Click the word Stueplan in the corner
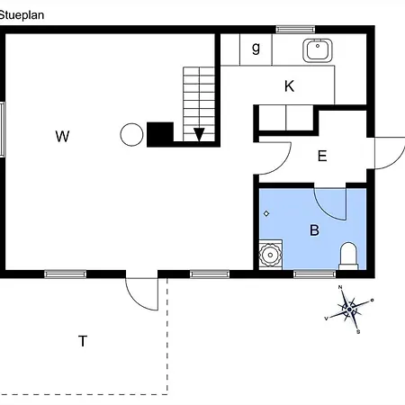(22, 15)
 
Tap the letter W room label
(62, 136)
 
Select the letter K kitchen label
(289, 86)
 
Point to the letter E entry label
(322, 156)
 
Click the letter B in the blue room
(314, 230)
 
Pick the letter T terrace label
(83, 341)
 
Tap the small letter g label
(256, 48)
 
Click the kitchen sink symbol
(318, 50)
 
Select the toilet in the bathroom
(348, 256)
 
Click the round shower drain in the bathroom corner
(270, 255)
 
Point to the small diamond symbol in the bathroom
(266, 213)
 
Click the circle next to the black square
(131, 135)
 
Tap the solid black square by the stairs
(160, 134)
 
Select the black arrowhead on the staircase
(199, 134)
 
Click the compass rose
(349, 310)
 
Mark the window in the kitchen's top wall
(295, 30)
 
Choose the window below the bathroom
(314, 274)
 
